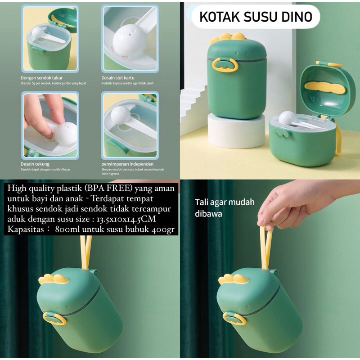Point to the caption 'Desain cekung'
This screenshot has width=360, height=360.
pyautogui.click(x=35, y=164)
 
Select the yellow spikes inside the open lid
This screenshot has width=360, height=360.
pyautogui.click(x=325, y=87)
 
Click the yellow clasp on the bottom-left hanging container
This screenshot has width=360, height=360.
pyautogui.click(x=54, y=318)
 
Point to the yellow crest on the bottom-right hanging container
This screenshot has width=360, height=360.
pyautogui.click(x=234, y=279)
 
